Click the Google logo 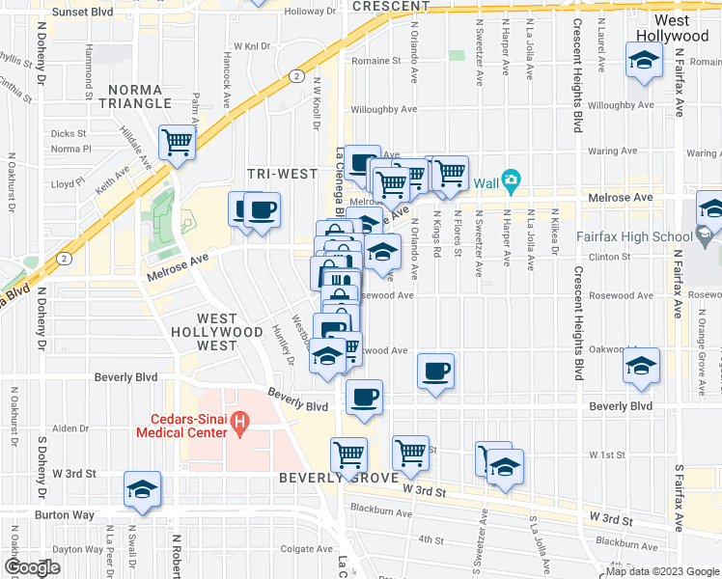(31, 567)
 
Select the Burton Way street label (66, 515)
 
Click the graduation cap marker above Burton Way (143, 491)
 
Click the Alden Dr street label (70, 428)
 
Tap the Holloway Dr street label (317, 12)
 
